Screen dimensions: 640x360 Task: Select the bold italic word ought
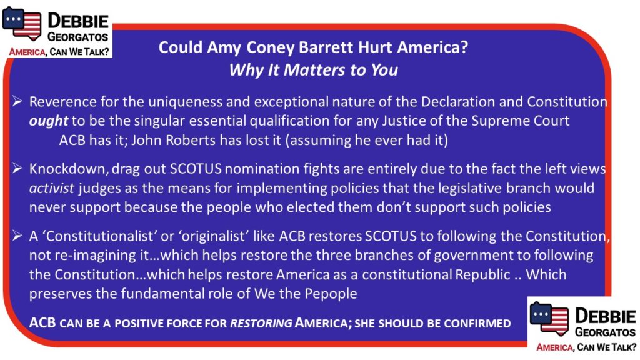pos(49,121)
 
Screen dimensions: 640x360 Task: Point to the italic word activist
pos(52,188)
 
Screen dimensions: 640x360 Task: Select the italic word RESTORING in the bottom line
pos(261,324)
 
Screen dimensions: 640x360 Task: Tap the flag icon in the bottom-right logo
pos(549,318)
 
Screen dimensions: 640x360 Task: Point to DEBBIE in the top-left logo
pos(78,21)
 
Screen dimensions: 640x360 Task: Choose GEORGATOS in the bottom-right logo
pos(605,332)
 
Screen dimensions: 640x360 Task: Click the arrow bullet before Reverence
pos(17,101)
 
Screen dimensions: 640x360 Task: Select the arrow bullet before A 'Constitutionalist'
pos(17,235)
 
